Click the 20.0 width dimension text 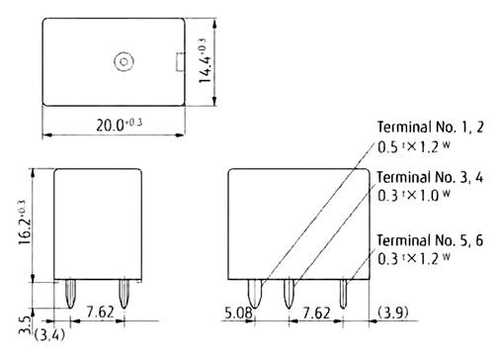click(x=120, y=125)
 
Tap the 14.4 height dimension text click(x=205, y=61)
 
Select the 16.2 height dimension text click(x=25, y=223)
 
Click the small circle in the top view click(x=124, y=61)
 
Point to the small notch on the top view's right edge click(x=181, y=61)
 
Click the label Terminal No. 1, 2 click(x=430, y=127)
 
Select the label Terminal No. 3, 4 click(x=430, y=177)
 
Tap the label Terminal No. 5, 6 click(x=430, y=240)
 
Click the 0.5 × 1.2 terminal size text click(x=414, y=147)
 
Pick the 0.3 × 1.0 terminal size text click(x=414, y=195)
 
